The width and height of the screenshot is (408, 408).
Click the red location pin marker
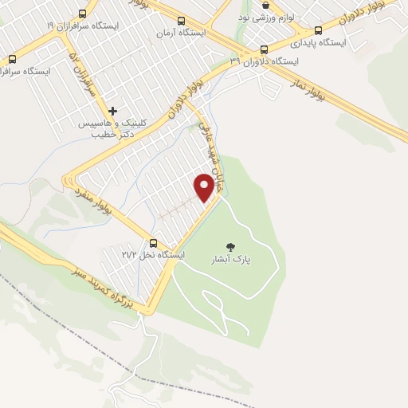[206, 186]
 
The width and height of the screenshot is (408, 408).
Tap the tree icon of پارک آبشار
[231, 246]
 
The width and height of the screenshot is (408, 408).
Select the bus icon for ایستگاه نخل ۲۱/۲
[154, 244]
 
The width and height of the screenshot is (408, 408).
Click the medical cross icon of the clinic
[113, 112]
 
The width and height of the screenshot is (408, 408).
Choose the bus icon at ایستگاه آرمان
[181, 22]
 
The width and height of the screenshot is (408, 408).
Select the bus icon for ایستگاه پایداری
[318, 31]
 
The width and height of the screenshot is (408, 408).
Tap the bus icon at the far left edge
[11, 59]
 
